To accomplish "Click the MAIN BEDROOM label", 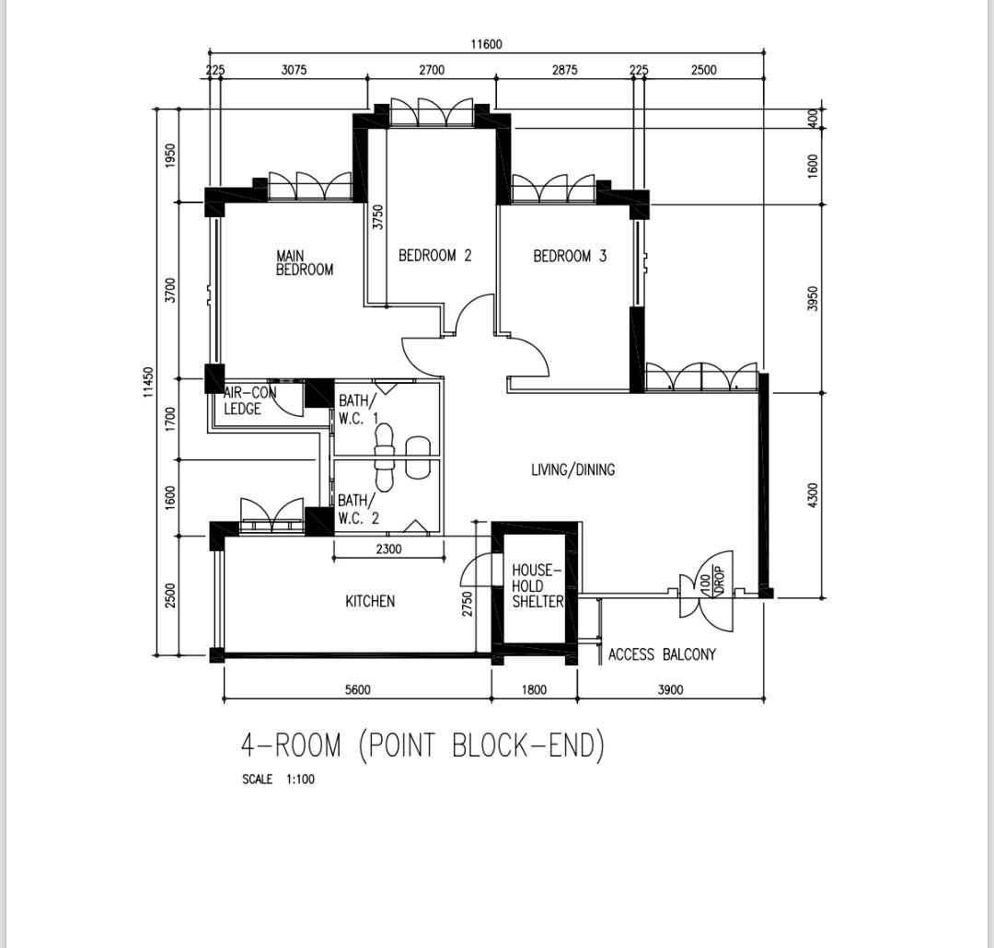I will click(304, 263).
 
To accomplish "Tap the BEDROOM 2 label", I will click(434, 256).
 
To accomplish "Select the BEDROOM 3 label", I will click(570, 256).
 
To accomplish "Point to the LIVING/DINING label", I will click(572, 470).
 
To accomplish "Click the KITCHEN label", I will click(370, 602).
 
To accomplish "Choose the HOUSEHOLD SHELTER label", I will click(537, 586).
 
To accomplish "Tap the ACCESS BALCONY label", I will click(662, 655).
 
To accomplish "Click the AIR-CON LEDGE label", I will click(248, 401).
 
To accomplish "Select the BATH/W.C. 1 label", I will click(358, 410).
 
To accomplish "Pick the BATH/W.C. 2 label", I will click(358, 509).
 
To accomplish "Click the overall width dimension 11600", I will click(487, 44).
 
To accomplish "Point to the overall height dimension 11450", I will click(149, 383).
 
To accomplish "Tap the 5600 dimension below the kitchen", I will click(358, 689).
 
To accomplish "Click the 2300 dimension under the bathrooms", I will click(389, 549).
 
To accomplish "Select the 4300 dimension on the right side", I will click(812, 494).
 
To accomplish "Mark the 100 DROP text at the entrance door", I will click(712, 580).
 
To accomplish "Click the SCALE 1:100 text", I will click(278, 780).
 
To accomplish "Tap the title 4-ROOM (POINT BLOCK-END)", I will click(422, 745).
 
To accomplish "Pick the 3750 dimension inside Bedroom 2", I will click(377, 217).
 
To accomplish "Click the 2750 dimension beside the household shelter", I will click(468, 604).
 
